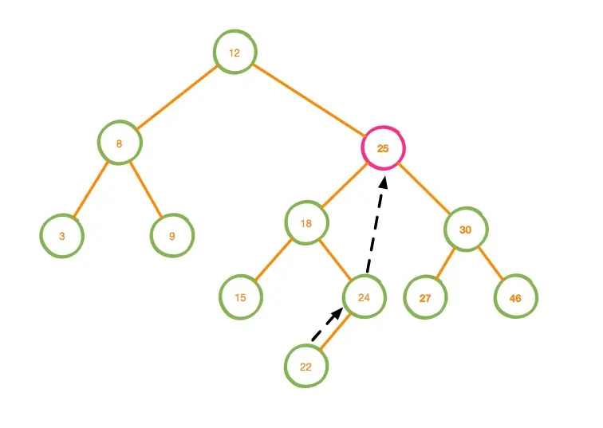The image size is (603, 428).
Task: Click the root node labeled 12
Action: [x=235, y=53]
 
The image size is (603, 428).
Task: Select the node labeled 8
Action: [x=120, y=143]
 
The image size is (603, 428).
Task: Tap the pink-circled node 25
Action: [x=383, y=147]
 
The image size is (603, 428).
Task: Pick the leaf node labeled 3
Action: [x=61, y=236]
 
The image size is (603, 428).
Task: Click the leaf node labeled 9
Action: [x=172, y=235]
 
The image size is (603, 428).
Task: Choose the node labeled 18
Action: [x=306, y=223]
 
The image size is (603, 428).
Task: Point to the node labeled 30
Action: [x=466, y=229]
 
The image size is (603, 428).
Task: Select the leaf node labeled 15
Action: [x=241, y=297]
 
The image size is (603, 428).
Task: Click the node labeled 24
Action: [x=364, y=297]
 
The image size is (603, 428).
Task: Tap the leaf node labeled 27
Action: [x=425, y=298]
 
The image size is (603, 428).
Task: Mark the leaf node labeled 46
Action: [x=515, y=298]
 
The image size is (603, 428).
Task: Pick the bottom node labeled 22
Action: [x=306, y=366]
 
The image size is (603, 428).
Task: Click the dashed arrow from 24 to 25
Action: [x=376, y=226]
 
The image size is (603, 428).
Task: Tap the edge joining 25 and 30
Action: [x=424, y=188]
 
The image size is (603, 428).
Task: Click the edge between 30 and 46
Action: [x=491, y=264]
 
